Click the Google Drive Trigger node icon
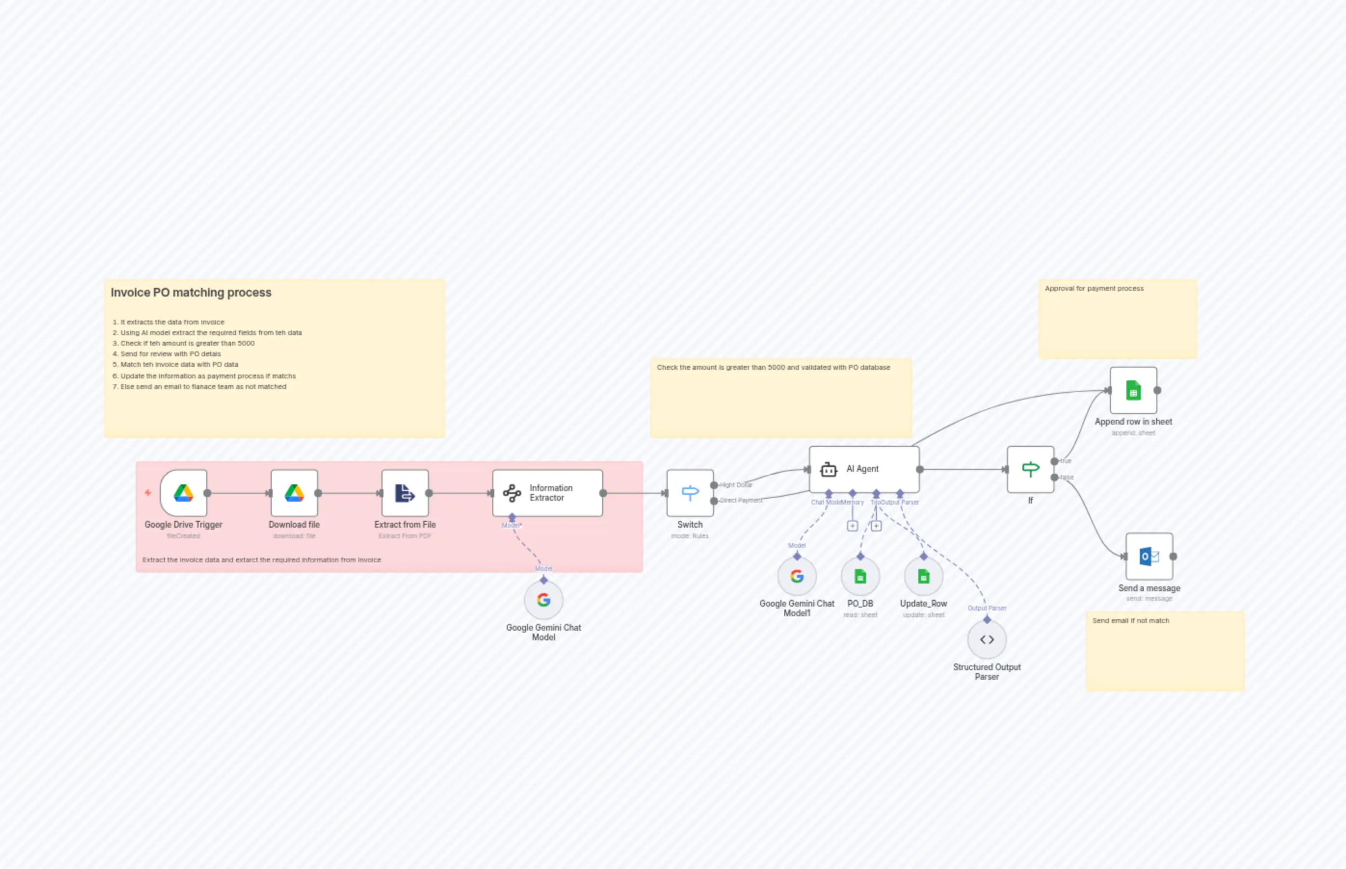(x=183, y=493)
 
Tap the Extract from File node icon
(x=404, y=493)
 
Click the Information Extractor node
(x=547, y=493)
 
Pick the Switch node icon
(x=689, y=493)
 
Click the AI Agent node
(x=863, y=469)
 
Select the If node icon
(x=1030, y=469)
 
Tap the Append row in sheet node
(x=1133, y=390)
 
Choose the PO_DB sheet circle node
(x=860, y=576)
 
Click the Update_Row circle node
(x=923, y=576)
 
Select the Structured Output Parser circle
(x=986, y=639)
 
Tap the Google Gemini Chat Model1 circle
(x=797, y=576)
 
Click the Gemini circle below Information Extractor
(x=543, y=600)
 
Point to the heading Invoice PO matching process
(x=191, y=292)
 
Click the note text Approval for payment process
(x=1094, y=288)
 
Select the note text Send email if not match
(x=1130, y=620)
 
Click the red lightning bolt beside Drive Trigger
(x=148, y=493)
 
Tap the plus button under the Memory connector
(x=852, y=526)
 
